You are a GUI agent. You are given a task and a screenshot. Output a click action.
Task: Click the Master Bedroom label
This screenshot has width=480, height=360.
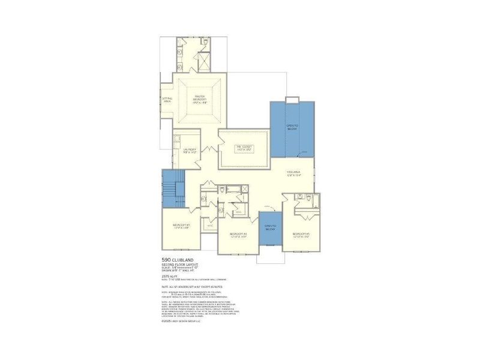coord(200,99)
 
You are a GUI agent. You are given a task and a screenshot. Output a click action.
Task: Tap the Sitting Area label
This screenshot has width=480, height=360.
coord(167,100)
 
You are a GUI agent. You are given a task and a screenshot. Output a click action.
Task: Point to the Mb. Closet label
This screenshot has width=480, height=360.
coord(243,148)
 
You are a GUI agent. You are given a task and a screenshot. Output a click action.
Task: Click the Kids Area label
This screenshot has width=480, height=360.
coord(293,174)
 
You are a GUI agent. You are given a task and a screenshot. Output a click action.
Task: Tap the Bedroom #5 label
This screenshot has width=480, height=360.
coord(300,235)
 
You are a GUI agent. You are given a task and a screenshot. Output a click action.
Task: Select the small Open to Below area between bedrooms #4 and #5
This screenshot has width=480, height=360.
coord(270,228)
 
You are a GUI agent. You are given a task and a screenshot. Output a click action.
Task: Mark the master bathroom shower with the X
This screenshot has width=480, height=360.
coord(203,61)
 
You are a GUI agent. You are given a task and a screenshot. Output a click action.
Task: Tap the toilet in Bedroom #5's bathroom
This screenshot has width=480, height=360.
coord(308,197)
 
